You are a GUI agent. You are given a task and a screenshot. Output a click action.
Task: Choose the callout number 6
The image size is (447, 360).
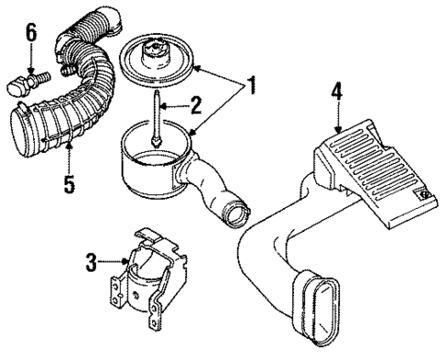click(30, 34)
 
